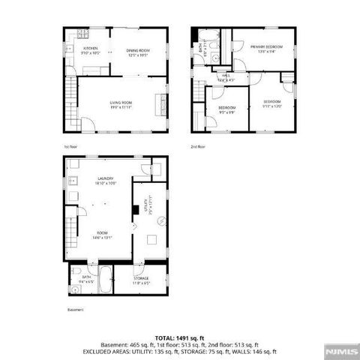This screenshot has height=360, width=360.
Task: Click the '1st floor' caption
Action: [70, 147]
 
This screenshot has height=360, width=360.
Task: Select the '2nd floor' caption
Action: [198, 147]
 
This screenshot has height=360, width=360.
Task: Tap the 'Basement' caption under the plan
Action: [75, 309]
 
